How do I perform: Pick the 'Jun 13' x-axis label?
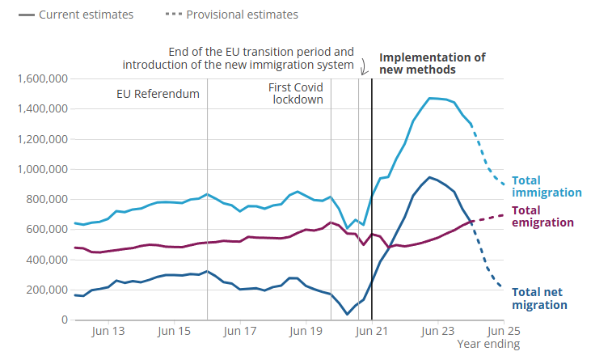point(108,331)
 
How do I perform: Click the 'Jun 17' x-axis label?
point(240,331)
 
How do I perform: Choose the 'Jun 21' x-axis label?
point(372,331)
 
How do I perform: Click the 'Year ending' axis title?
point(483,345)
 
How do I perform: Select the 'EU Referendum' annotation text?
point(158,94)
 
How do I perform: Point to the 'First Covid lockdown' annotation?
point(296,93)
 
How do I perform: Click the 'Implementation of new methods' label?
point(433,63)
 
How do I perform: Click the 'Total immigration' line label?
point(547,186)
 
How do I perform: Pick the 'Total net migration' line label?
point(540,298)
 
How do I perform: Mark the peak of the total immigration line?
point(430,98)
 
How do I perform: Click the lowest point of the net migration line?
point(348,314)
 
